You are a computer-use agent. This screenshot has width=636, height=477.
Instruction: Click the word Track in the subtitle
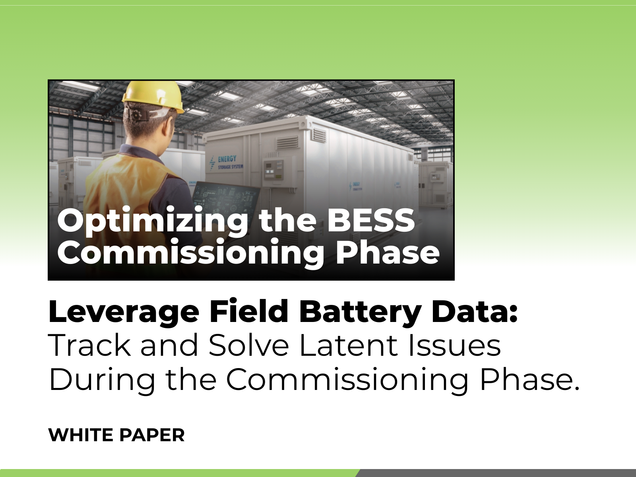point(89,345)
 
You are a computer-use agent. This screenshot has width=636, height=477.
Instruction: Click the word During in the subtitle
point(102,380)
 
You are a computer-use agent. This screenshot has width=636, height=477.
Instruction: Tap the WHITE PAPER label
point(116,435)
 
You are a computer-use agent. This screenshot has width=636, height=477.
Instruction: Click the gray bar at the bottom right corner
point(497,473)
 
